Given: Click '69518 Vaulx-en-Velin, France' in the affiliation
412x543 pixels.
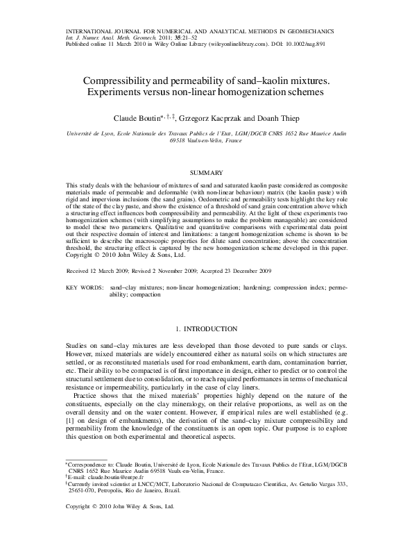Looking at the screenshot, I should point(206,139).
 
